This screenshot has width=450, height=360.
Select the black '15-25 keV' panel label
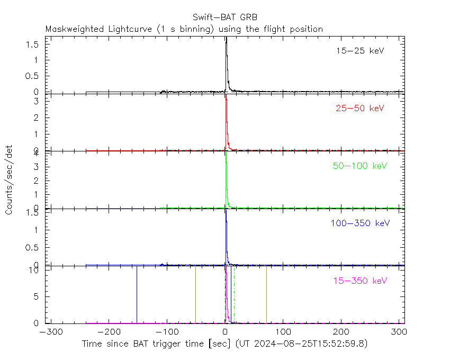[359, 51]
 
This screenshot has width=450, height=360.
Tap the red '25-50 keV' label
[359, 109]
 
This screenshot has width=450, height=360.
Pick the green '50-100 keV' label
[360, 166]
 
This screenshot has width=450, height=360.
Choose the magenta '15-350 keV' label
[360, 280]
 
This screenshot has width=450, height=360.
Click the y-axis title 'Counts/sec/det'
[10, 179]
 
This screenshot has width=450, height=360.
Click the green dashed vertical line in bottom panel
[234, 296]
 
